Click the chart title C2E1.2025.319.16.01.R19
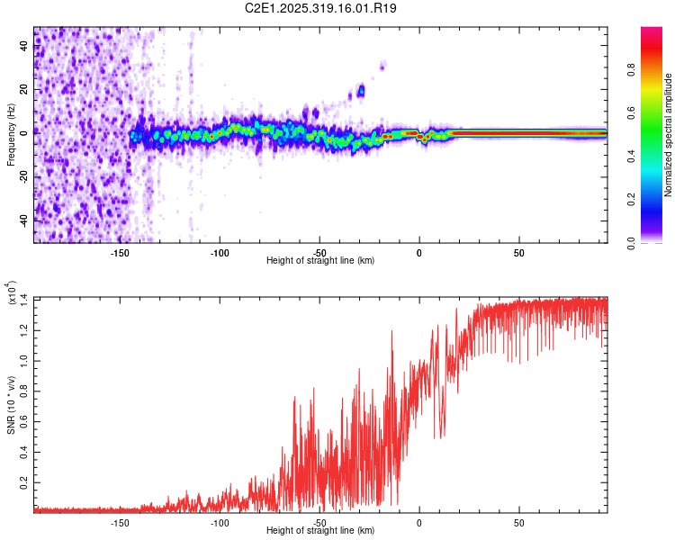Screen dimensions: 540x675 pyautogui.click(x=321, y=8)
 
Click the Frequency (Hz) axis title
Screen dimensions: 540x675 pyautogui.click(x=11, y=136)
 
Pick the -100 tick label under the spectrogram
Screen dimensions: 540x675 pyautogui.click(x=220, y=253)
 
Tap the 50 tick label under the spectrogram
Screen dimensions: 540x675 pyautogui.click(x=518, y=253)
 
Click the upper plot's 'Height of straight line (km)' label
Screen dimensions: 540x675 pyautogui.click(x=320, y=261)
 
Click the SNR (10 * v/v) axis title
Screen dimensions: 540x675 pyautogui.click(x=11, y=405)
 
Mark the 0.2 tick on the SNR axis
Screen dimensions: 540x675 pyautogui.click(x=24, y=484)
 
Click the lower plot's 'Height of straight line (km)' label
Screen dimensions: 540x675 pyautogui.click(x=320, y=531)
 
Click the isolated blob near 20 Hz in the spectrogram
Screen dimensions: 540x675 pyautogui.click(x=361, y=90)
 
